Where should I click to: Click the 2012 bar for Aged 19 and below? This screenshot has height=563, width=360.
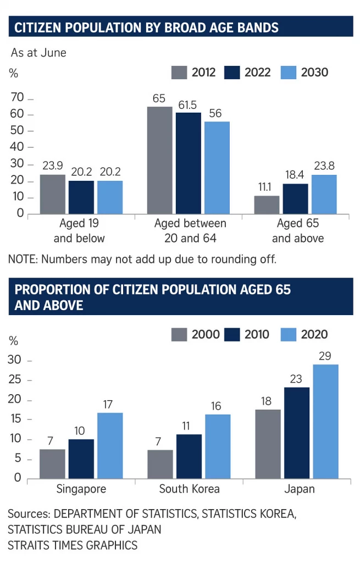point(53,194)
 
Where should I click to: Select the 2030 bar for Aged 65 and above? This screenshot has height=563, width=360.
point(324,194)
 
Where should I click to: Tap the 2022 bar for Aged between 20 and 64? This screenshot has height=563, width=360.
point(188,163)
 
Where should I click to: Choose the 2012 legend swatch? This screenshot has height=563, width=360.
point(180,73)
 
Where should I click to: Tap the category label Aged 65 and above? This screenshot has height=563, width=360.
point(297,231)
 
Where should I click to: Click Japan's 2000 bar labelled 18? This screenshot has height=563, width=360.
point(267,444)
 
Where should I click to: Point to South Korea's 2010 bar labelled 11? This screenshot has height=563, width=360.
point(189,456)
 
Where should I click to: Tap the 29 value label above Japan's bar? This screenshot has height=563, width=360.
point(325,356)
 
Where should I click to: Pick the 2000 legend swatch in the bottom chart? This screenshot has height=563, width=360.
point(180,334)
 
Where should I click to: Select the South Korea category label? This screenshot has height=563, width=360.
point(189,489)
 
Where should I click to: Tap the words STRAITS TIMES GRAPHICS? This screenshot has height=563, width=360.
point(73,545)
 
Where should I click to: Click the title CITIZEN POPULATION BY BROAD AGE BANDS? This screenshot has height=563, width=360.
point(146,27)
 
